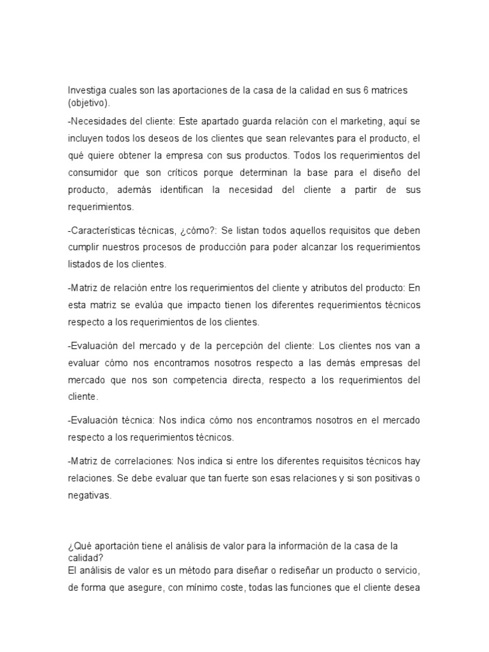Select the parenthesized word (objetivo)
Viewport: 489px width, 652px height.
click(89, 102)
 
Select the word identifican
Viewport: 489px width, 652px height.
click(182, 190)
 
